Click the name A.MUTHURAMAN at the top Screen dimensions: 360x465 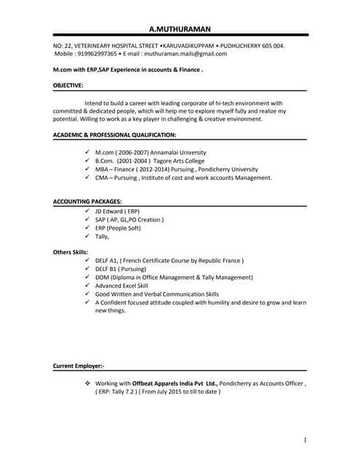pyautogui.click(x=180, y=29)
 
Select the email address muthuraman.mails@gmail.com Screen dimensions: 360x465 pyautogui.click(x=185, y=54)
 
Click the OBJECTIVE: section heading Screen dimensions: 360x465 pyautogui.click(x=68, y=86)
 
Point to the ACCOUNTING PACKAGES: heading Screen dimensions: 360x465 pyautogui.click(x=87, y=201)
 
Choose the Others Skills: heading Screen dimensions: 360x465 pyautogui.click(x=71, y=251)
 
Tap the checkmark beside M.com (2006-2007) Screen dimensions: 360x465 pyautogui.click(x=87, y=152)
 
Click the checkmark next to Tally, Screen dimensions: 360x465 pyautogui.click(x=87, y=236)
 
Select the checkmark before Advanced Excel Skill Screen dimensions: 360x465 pyautogui.click(x=87, y=286)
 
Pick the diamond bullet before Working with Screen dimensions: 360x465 pyautogui.click(x=87, y=383)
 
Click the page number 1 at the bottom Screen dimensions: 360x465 pyautogui.click(x=306, y=440)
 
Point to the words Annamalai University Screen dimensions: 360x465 pyautogui.click(x=179, y=153)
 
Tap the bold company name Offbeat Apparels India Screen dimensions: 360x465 pyautogui.click(x=169, y=383)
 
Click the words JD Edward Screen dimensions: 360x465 pyautogui.click(x=111, y=211)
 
